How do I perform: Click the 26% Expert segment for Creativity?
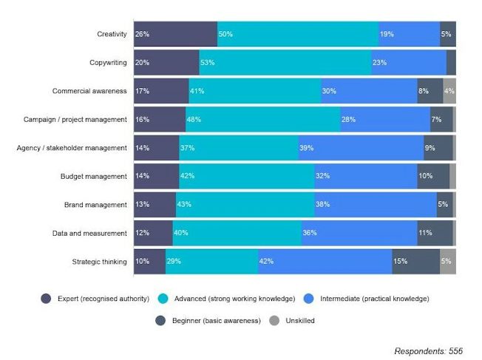pos(175,34)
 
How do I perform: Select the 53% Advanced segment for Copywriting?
pos(285,63)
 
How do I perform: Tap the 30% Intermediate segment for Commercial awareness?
pos(369,91)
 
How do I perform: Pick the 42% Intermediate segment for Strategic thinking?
pos(325,261)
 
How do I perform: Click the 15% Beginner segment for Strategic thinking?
pos(415,261)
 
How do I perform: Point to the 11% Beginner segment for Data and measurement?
pos(435,233)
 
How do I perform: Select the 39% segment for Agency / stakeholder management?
pos(361,148)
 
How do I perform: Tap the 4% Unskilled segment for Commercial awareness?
pos(449,91)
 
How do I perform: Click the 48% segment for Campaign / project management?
pos(262,119)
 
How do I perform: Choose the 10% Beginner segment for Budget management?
pos(433,176)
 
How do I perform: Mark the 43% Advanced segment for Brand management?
pos(245,204)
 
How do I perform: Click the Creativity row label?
pos(112,34)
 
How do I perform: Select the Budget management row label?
pos(94,176)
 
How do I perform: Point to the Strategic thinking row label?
pos(100,261)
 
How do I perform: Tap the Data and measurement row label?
pos(89,233)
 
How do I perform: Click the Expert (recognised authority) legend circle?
pos(46,299)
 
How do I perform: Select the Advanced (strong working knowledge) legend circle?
pos(163,299)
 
